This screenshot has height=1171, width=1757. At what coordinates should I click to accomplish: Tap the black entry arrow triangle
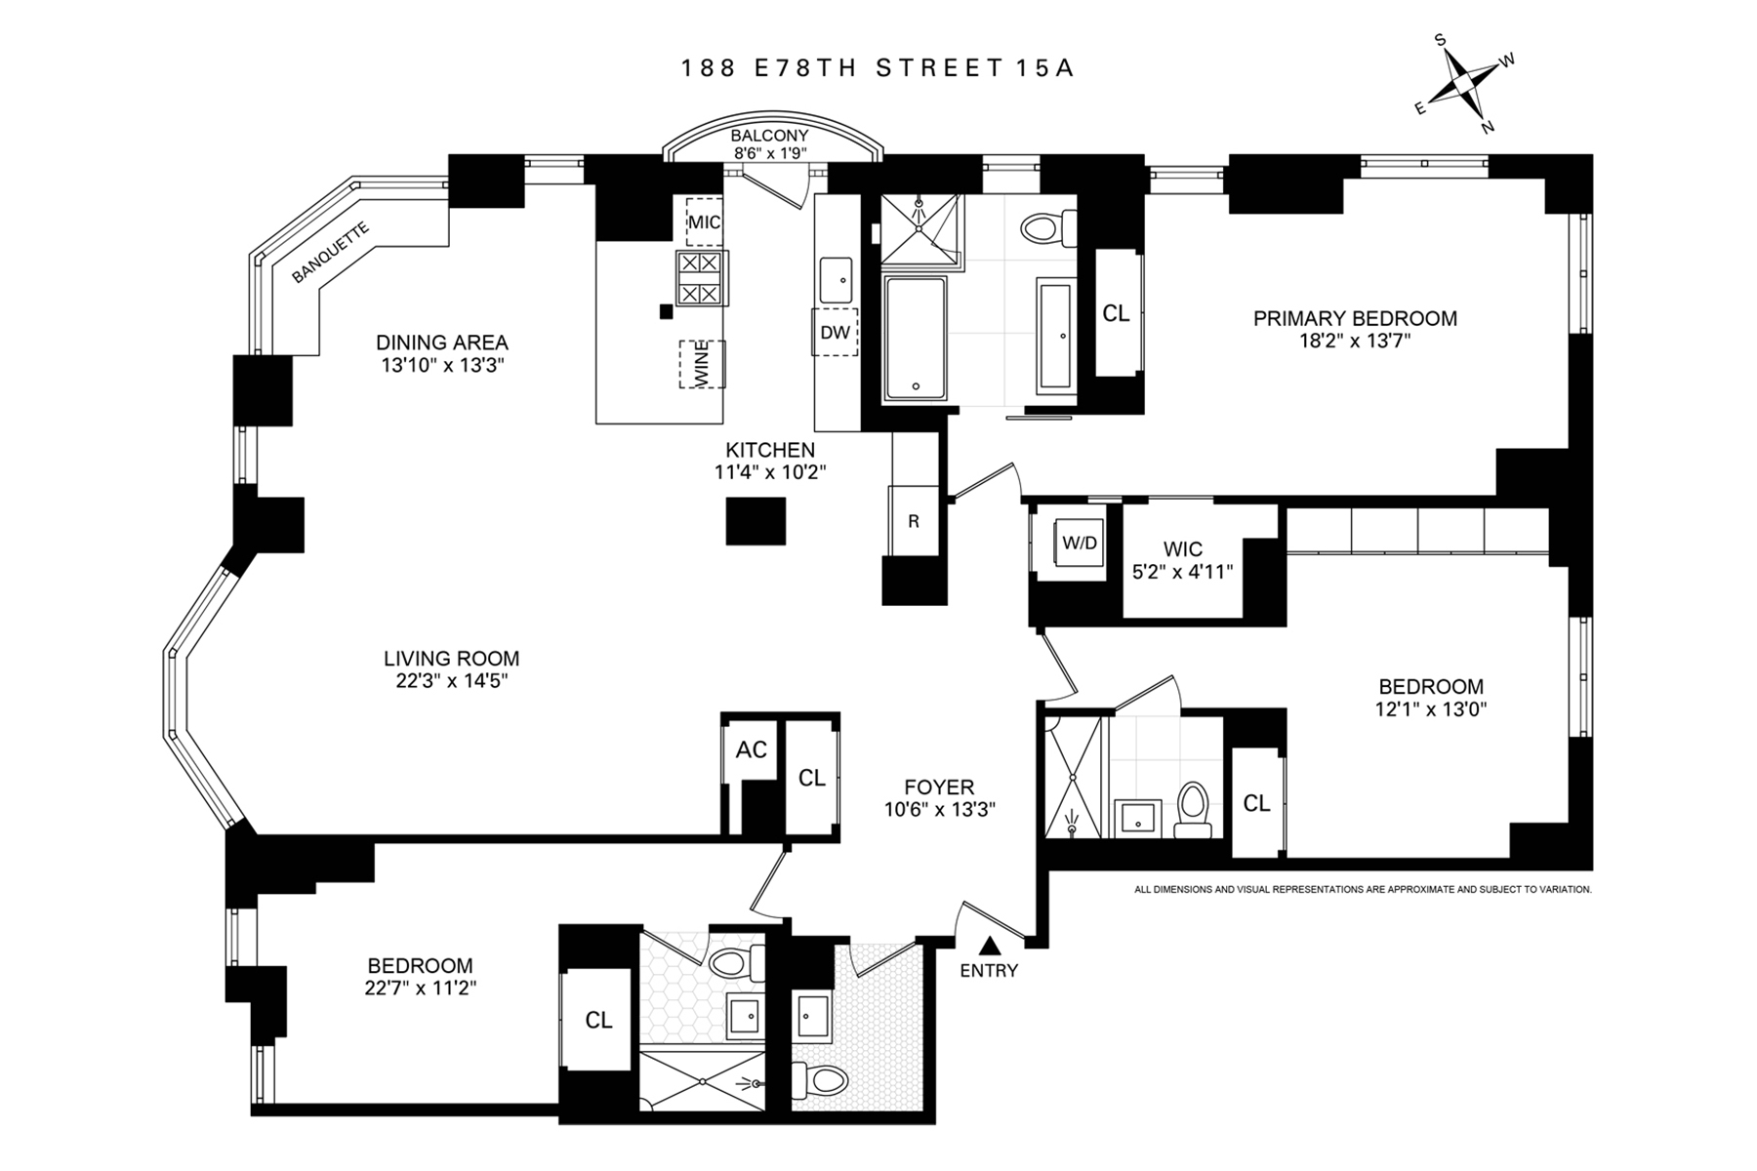pyautogui.click(x=989, y=945)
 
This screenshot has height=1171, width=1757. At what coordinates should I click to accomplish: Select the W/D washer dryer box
pyautogui.click(x=1079, y=545)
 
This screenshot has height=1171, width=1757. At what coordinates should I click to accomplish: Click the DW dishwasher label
pyautogui.click(x=835, y=333)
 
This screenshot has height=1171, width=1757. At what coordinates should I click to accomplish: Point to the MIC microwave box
pyautogui.click(x=704, y=222)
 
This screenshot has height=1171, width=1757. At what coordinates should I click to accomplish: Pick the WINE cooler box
pyautogui.click(x=702, y=365)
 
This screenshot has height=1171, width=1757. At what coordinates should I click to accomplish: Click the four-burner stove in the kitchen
pyautogui.click(x=700, y=277)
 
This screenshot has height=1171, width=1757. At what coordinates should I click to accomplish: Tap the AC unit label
pyautogui.click(x=751, y=749)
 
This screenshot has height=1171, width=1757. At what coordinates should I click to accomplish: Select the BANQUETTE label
pyautogui.click(x=330, y=254)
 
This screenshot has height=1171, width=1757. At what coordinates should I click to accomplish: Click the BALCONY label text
pyautogui.click(x=769, y=136)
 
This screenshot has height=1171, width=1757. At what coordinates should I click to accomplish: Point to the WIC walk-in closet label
pyautogui.click(x=1181, y=549)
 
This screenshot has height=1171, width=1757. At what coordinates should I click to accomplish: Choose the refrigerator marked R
pyautogui.click(x=914, y=521)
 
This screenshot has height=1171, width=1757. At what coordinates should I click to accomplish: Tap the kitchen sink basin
pyautogui.click(x=838, y=281)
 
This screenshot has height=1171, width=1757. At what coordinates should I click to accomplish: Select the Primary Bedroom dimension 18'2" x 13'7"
pyautogui.click(x=1355, y=341)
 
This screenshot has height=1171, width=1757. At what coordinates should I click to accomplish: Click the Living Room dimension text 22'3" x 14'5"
pyautogui.click(x=451, y=680)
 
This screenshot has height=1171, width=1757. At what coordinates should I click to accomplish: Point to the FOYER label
pyautogui.click(x=938, y=787)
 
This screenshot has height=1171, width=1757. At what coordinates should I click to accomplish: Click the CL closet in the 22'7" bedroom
pyautogui.click(x=598, y=1020)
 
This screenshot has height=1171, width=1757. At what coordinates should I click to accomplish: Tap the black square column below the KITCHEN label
pyautogui.click(x=756, y=521)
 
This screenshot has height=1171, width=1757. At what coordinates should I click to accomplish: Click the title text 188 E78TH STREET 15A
pyautogui.click(x=878, y=68)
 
